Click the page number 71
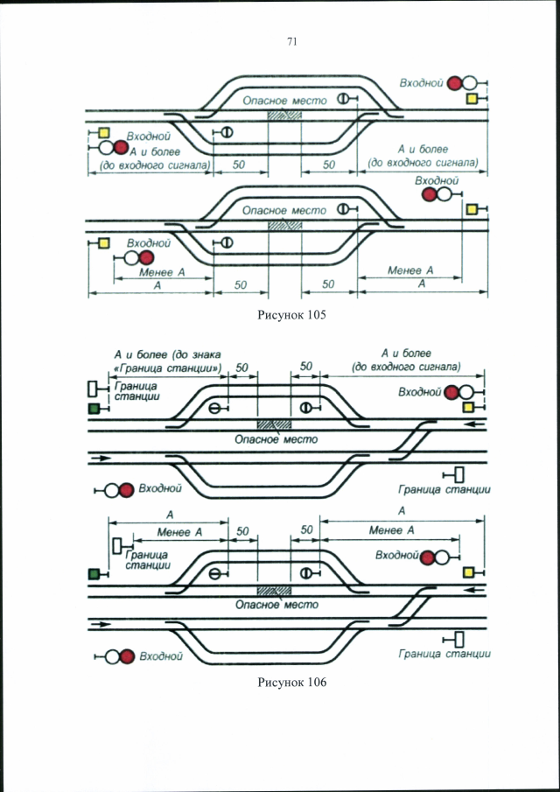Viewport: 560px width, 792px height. (x=291, y=42)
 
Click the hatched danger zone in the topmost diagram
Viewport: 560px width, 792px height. (x=284, y=115)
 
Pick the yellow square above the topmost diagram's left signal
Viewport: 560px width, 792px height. (x=104, y=133)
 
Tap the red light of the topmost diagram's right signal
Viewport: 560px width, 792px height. (x=456, y=83)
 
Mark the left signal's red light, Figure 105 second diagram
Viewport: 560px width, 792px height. (x=146, y=258)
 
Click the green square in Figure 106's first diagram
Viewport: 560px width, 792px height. (x=94, y=410)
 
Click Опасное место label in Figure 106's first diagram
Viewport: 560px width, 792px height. (x=276, y=439)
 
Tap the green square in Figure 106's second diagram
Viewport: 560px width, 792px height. (x=94, y=574)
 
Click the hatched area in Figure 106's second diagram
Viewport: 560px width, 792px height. (x=274, y=591)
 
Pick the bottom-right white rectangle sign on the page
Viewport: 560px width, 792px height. (x=459, y=640)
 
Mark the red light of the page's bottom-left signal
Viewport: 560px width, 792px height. (x=127, y=656)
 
